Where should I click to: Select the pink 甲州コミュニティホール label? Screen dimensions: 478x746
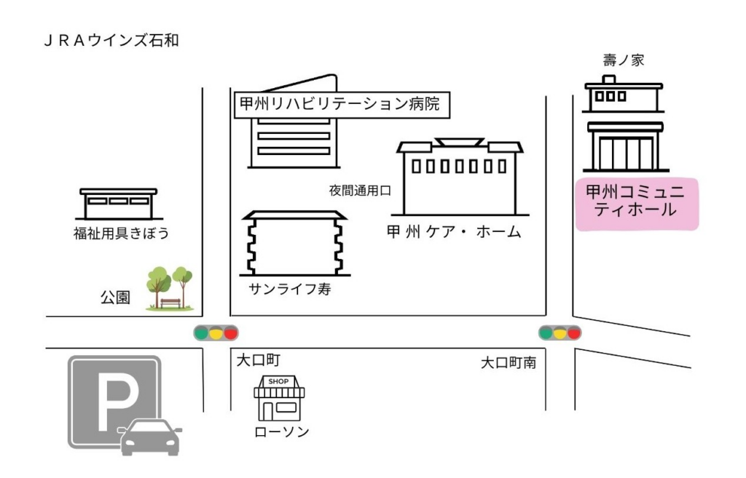click(x=636, y=203)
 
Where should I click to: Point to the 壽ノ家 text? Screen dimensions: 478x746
click(x=624, y=60)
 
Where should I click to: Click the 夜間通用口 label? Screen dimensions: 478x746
click(x=360, y=191)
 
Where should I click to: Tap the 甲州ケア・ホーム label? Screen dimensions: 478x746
click(x=454, y=232)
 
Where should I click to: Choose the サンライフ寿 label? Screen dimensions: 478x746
click(x=290, y=289)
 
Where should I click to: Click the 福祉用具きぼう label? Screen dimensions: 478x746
click(x=120, y=234)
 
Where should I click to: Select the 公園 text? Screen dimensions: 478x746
click(x=115, y=297)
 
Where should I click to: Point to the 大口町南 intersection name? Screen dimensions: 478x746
click(x=508, y=362)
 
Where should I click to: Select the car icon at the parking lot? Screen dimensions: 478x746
click(x=150, y=437)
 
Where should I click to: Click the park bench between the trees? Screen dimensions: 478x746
click(x=170, y=302)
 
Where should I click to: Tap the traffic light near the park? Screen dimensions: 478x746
click(x=216, y=333)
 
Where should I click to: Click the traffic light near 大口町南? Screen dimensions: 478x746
click(x=559, y=333)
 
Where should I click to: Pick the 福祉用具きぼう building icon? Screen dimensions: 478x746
click(x=118, y=204)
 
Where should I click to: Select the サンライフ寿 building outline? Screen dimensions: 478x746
click(x=294, y=244)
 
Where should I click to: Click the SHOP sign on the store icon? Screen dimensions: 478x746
click(x=278, y=381)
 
